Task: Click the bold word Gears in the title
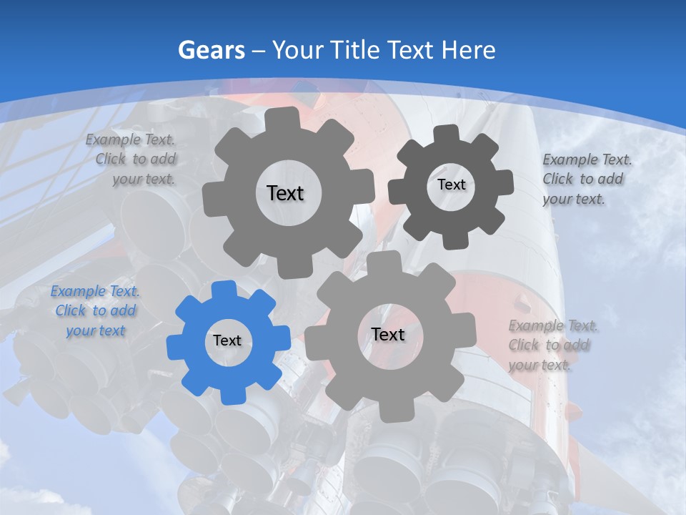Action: (211, 50)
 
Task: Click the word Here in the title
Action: (469, 50)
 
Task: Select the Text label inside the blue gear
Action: (227, 340)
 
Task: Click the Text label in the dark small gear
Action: (451, 185)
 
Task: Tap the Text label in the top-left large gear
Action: (285, 193)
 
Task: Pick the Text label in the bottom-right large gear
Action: (388, 334)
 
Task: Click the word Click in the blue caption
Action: (70, 310)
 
